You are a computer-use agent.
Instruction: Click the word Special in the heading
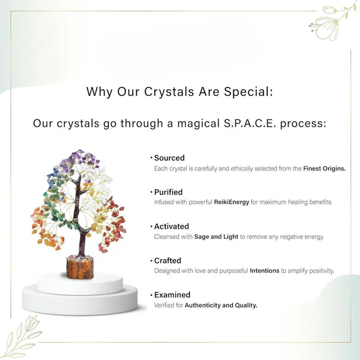(248, 92)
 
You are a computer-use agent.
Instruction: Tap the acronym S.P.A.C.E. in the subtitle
(250, 123)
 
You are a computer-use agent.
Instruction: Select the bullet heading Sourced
(169, 158)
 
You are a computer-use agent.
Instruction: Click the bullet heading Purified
(168, 192)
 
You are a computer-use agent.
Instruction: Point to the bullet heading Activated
(172, 226)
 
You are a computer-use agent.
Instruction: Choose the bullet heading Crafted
(167, 260)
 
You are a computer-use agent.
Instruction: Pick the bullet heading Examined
(172, 295)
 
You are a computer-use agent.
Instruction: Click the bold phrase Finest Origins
(325, 169)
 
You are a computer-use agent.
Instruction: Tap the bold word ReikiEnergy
(232, 202)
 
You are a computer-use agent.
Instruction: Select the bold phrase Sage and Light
(216, 237)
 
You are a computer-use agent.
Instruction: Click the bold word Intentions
(265, 271)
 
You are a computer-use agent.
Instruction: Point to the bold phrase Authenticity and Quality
(221, 305)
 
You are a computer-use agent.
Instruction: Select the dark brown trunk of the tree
(79, 216)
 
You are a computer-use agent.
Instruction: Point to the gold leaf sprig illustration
(23, 337)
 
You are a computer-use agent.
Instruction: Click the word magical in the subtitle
(199, 124)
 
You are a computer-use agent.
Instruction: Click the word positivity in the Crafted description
(321, 271)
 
